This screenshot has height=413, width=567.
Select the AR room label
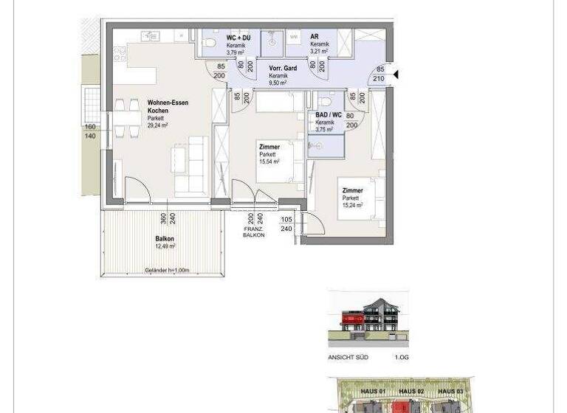(314, 36)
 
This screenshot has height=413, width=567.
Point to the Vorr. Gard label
(283, 69)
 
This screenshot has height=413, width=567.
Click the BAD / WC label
(327, 115)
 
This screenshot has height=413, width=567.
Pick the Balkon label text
(164, 239)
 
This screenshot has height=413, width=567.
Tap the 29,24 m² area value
(157, 126)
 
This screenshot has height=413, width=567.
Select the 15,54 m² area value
(269, 161)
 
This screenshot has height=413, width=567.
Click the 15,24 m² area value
(352, 206)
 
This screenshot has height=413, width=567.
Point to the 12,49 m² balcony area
(165, 247)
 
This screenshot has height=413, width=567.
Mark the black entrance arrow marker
(396, 74)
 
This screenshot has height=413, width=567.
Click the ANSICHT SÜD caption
(348, 358)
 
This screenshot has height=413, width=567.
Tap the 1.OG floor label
(402, 358)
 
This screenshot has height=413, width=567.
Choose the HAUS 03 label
(449, 390)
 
